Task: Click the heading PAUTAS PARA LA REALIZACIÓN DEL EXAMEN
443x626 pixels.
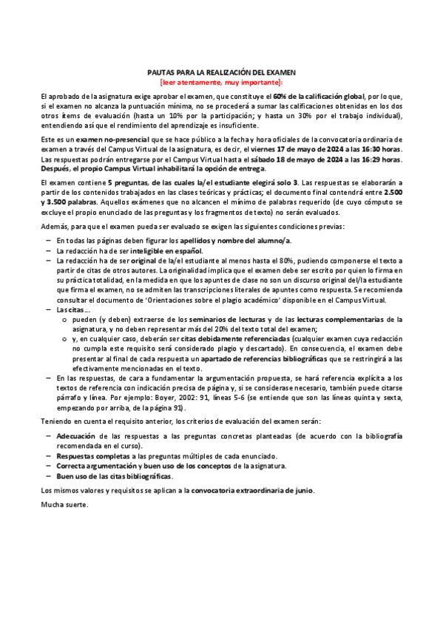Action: [221, 72]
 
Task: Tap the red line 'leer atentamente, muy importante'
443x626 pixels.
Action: [221, 82]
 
